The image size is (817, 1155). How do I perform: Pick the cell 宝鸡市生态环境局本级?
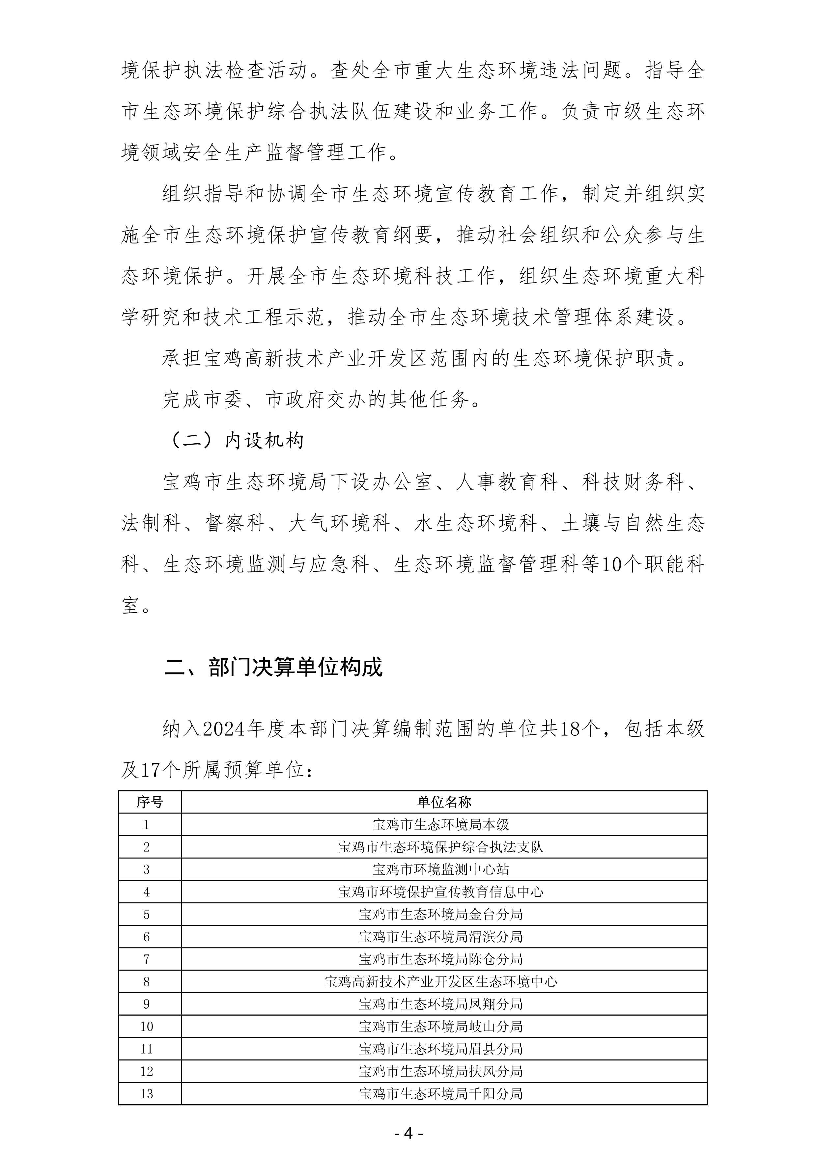coord(441,824)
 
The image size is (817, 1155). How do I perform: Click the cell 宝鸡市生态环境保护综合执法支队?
coord(441,847)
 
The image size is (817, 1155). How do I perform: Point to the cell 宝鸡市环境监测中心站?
coord(441,869)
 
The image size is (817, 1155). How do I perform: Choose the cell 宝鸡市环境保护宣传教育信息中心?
coord(441,892)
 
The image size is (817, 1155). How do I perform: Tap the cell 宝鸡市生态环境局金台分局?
coord(441,914)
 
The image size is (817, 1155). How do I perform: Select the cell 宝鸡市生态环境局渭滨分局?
coord(441,937)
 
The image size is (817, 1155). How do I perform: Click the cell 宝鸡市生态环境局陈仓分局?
coord(441,959)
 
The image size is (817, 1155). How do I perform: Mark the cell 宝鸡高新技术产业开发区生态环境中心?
coord(441,981)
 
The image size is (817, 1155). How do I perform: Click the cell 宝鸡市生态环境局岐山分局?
coord(441,1026)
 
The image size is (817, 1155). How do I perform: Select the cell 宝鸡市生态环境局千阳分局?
coord(441,1094)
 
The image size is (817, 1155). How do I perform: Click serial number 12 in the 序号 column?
coord(146,1071)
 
